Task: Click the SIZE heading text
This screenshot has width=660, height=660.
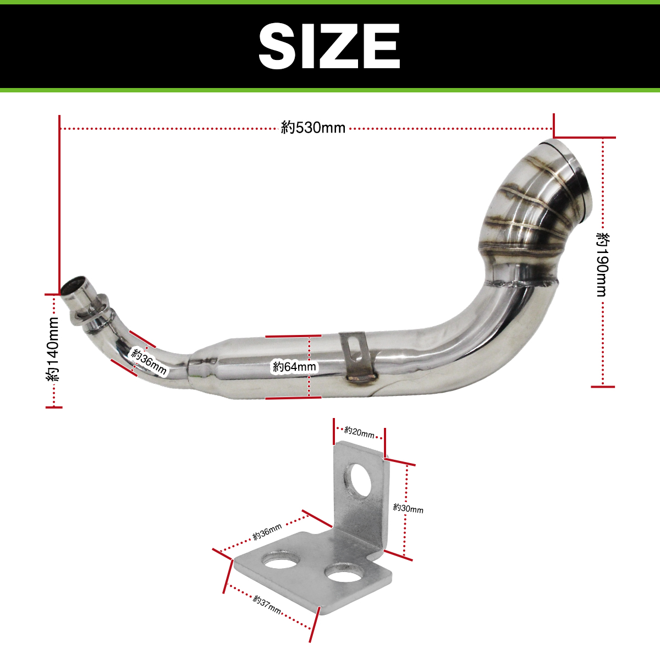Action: [x=329, y=47]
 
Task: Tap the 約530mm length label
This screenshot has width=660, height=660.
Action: [x=313, y=128]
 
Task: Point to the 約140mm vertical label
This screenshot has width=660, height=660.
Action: [x=52, y=349]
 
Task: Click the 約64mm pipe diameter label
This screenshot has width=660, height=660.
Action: [x=295, y=367]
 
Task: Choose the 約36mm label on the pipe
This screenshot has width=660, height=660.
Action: [x=149, y=362]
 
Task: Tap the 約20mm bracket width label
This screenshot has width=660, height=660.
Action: [x=359, y=432]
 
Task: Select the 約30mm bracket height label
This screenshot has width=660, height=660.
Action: [x=408, y=508]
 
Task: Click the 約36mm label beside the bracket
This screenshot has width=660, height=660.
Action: [x=267, y=532]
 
